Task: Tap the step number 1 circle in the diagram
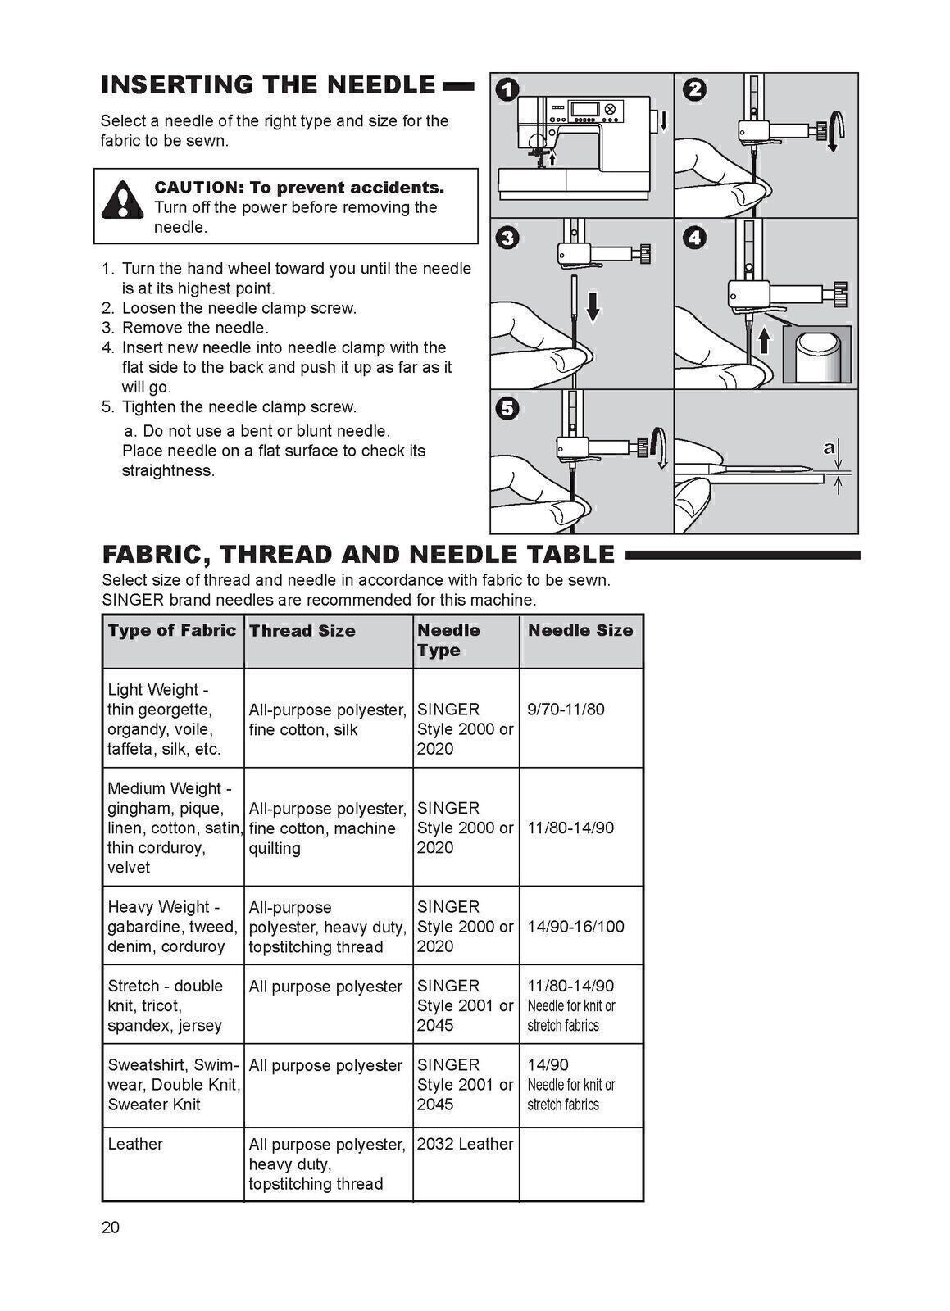tap(507, 89)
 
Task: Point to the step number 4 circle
tap(694, 238)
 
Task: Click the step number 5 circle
tap(508, 409)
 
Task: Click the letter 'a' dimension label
tap(830, 447)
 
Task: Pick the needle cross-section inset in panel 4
tap(816, 354)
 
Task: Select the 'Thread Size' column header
tap(302, 631)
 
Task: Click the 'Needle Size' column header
tap(580, 630)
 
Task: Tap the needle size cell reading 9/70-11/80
tap(566, 710)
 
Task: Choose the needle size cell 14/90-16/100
tap(575, 927)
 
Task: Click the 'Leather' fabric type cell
tap(135, 1144)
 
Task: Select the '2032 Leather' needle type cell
tap(465, 1144)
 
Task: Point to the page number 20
tap(111, 1227)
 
